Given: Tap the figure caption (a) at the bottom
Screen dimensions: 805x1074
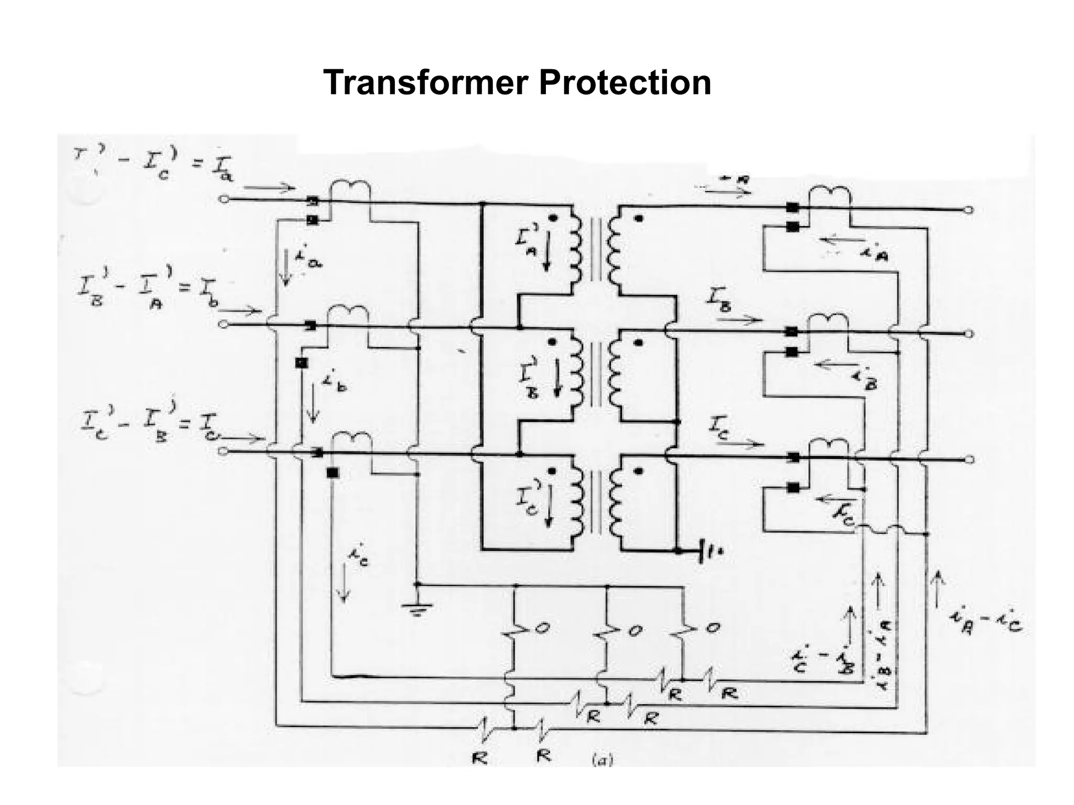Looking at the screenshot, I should tap(602, 760).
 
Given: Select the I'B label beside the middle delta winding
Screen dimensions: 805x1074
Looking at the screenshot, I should tap(529, 378).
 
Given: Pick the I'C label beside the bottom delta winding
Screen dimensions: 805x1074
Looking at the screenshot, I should tap(527, 505).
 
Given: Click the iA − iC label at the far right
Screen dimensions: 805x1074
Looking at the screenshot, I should tap(986, 623).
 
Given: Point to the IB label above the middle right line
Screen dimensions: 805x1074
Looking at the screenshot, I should tap(719, 303).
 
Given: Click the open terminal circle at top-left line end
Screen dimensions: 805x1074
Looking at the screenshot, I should tap(224, 199).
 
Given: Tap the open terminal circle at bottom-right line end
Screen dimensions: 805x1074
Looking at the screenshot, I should tap(969, 460).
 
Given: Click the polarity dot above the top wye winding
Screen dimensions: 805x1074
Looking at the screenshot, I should tap(638, 219).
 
